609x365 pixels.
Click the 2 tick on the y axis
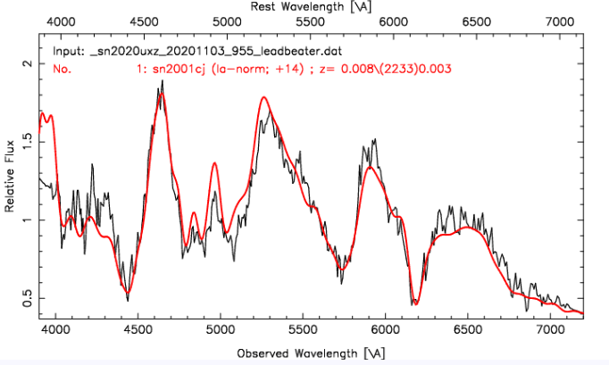click(x=28, y=64)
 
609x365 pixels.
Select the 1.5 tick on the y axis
click(x=28, y=142)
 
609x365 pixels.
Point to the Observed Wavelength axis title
click(x=304, y=353)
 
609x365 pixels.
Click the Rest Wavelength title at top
click(x=304, y=6)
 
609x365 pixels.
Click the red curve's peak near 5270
click(x=265, y=97)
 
